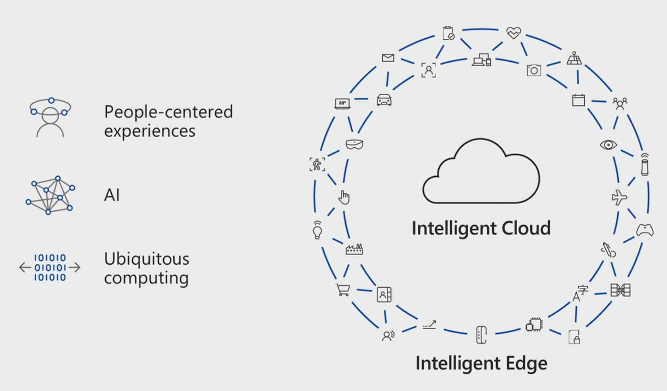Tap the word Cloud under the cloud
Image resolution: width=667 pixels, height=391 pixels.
(523, 228)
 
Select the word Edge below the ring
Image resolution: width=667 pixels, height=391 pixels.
(525, 363)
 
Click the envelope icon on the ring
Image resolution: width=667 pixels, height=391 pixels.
(388, 58)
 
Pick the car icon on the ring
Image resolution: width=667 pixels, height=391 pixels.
(384, 99)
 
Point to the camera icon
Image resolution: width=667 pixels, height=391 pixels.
(534, 71)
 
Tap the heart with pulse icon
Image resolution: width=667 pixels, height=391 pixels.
(513, 33)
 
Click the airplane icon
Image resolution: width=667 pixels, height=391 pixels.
(619, 198)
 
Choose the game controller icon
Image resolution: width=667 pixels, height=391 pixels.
(645, 230)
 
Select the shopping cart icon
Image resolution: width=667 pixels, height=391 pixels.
(343, 290)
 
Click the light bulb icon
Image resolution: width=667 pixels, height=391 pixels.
(317, 230)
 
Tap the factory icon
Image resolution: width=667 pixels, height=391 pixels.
(354, 249)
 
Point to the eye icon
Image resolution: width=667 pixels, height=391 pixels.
(608, 144)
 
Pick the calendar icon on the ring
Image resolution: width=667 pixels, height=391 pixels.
(578, 100)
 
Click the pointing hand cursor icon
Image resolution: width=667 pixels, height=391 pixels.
(344, 197)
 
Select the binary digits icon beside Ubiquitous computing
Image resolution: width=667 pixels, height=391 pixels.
(50, 267)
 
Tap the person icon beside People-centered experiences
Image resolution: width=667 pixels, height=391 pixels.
(50, 118)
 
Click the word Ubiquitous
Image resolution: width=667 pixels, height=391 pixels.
(146, 259)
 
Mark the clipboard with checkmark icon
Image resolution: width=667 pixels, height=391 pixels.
(448, 33)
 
